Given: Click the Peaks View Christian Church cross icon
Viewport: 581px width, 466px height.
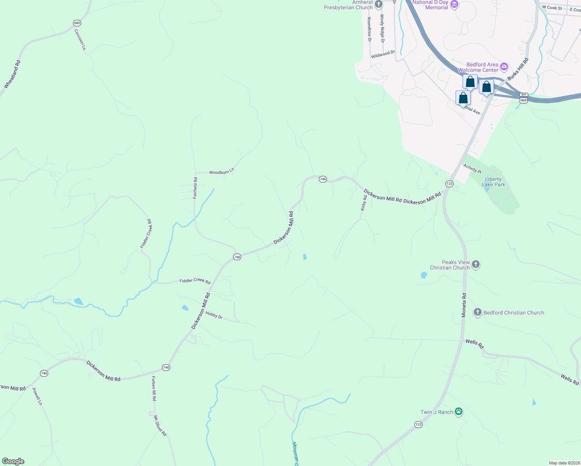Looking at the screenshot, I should (476, 265).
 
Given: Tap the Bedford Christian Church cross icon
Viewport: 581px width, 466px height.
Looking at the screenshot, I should (477, 312).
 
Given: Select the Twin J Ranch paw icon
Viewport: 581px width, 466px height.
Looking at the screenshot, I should (459, 412).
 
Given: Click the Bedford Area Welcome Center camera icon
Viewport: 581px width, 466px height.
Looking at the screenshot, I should (504, 67).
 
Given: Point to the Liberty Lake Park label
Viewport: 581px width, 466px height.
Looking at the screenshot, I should (493, 182).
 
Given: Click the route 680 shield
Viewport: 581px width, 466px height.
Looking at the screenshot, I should (77, 23).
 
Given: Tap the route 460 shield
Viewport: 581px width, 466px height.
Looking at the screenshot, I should (524, 101).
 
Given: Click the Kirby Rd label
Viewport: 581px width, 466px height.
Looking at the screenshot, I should (364, 203).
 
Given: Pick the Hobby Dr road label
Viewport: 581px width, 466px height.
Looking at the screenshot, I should (214, 315).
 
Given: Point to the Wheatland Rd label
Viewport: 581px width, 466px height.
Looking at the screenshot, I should (12, 74).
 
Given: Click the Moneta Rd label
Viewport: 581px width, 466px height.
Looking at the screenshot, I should (464, 305).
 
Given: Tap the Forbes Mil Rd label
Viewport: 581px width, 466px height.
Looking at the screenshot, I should (154, 388).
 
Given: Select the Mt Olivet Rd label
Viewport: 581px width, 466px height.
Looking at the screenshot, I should (160, 426).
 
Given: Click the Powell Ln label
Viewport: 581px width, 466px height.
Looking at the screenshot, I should (37, 396).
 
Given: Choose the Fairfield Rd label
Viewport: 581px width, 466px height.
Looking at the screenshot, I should (195, 188).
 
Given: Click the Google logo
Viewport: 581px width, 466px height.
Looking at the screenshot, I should (13, 461).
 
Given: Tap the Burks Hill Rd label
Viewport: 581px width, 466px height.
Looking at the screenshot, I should (518, 69).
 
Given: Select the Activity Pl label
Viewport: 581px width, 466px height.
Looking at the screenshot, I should (472, 169).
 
